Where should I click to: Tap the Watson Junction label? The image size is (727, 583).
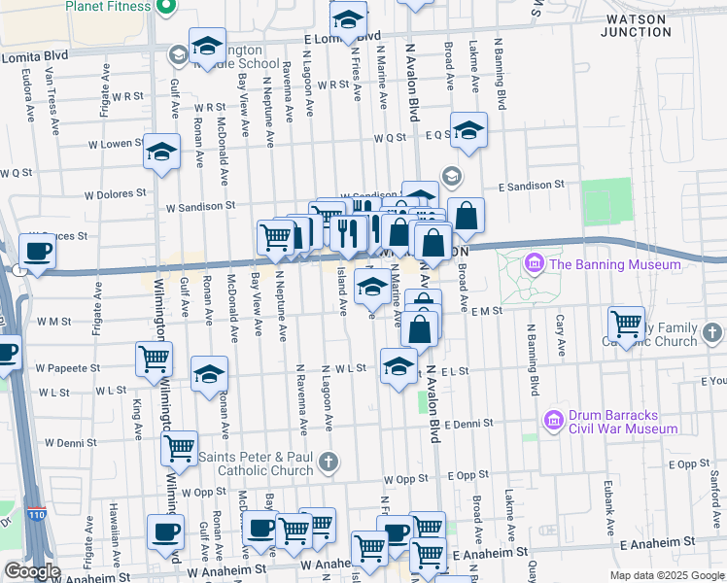click(x=637, y=25)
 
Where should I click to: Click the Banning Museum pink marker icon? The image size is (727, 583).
click(x=533, y=264)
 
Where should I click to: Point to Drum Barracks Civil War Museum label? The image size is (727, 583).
click(x=621, y=422)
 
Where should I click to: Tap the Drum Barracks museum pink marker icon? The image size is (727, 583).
click(x=554, y=421)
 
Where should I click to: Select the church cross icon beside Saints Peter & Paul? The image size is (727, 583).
click(x=329, y=461)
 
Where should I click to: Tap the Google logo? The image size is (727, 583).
click(x=32, y=571)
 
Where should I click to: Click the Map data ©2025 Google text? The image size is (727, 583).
click(x=667, y=575)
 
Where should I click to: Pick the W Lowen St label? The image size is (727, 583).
click(x=116, y=144)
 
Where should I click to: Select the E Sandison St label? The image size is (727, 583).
click(x=531, y=185)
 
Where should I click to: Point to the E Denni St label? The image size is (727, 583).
click(x=469, y=425)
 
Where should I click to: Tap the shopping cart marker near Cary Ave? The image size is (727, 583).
click(x=627, y=323)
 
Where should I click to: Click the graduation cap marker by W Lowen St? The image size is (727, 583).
click(x=162, y=151)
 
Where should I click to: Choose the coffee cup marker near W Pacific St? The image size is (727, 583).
click(x=37, y=251)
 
